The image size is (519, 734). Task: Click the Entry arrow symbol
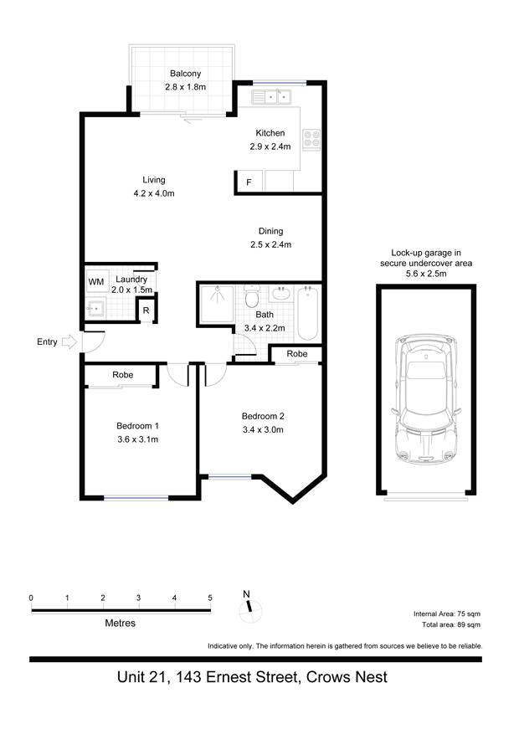[69, 341]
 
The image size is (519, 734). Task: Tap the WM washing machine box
[97, 281]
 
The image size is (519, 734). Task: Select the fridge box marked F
[249, 182]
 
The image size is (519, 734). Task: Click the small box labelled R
[146, 310]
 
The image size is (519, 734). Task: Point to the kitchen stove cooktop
[311, 140]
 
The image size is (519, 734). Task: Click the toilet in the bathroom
[252, 296]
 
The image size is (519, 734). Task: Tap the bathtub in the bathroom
[308, 313]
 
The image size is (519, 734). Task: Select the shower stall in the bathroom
[217, 305]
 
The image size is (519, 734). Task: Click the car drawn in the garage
[426, 398]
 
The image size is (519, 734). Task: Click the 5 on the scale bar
[210, 598]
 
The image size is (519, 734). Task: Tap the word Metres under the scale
[121, 623]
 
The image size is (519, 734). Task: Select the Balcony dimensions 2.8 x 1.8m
[185, 87]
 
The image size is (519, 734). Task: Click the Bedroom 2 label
[263, 416]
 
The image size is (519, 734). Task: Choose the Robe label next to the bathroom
[297, 354]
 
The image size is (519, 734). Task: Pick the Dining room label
[271, 231]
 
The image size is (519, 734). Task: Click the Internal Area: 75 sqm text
[447, 613]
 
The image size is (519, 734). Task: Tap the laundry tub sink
[96, 309]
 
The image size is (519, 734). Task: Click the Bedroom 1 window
[136, 498]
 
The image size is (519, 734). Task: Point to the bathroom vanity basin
[280, 294]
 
